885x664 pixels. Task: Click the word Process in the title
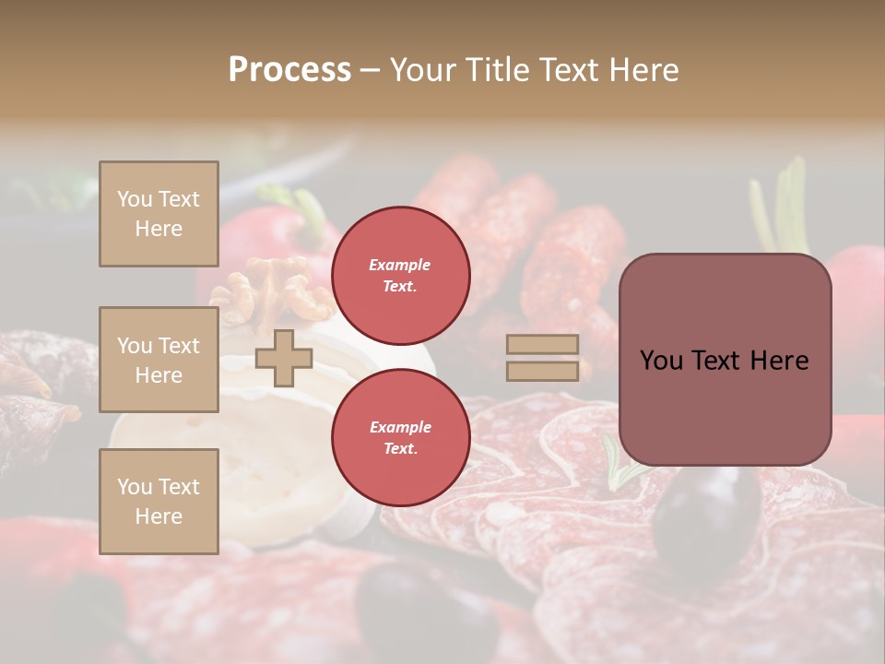pyautogui.click(x=289, y=70)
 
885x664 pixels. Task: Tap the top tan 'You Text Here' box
pyautogui.click(x=159, y=214)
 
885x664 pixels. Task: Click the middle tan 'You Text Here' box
pyautogui.click(x=159, y=360)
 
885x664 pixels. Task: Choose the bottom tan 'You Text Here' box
pyautogui.click(x=159, y=501)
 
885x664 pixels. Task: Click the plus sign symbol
pyautogui.click(x=284, y=358)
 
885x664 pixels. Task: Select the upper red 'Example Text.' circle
pyautogui.click(x=400, y=276)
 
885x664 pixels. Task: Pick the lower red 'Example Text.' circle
pyautogui.click(x=400, y=438)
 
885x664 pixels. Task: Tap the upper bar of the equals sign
pyautogui.click(x=543, y=345)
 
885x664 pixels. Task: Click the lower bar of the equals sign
pyautogui.click(x=543, y=371)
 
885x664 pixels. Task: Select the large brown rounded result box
pyautogui.click(x=725, y=360)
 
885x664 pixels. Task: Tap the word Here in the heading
pyautogui.click(x=643, y=70)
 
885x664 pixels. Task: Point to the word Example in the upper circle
pyautogui.click(x=400, y=265)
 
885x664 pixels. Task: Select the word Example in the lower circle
pyautogui.click(x=400, y=427)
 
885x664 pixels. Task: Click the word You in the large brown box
pyautogui.click(x=662, y=360)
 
